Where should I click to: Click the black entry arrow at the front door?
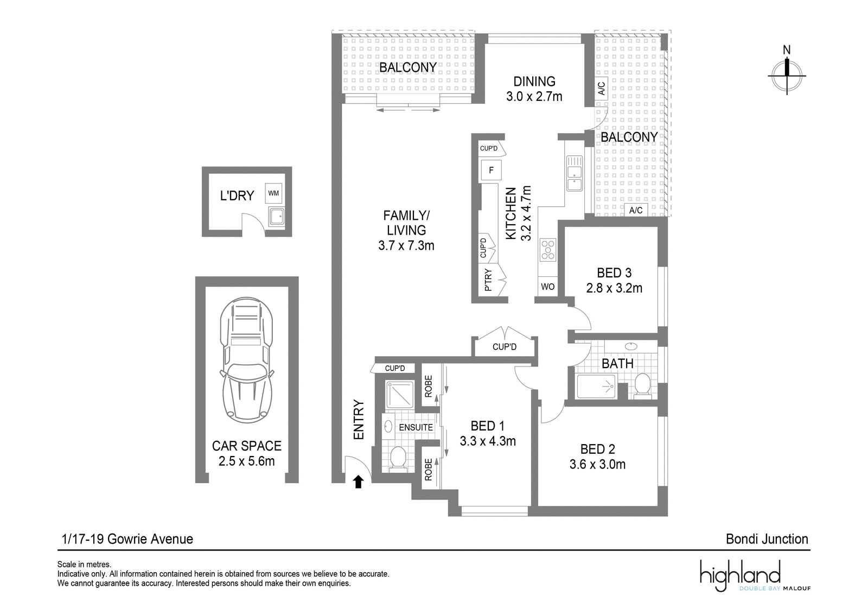coord(358,482)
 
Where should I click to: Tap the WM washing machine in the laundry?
coord(273,193)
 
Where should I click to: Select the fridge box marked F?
coord(491,170)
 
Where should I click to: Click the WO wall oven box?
coord(547,287)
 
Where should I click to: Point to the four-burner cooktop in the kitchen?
coord(548,250)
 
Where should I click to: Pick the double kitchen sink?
coord(575,173)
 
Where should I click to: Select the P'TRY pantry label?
coord(488,280)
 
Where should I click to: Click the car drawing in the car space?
coord(246,360)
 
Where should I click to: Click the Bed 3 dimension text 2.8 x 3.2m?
coord(614,288)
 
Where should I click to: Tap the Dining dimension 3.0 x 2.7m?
coord(534,96)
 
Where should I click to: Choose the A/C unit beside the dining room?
coord(601,88)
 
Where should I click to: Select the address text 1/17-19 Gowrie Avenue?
coord(127,539)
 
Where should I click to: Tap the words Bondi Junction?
coord(767,539)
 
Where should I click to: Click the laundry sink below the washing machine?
coord(277,217)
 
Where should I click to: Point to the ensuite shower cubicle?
coord(399,395)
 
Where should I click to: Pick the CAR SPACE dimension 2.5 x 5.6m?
coord(246,461)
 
